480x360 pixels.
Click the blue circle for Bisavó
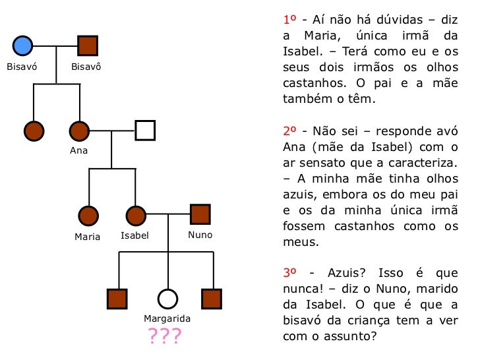(x=22, y=45)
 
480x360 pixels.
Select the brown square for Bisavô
(x=88, y=45)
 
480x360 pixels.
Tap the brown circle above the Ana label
(x=79, y=131)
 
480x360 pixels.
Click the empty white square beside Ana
(x=145, y=131)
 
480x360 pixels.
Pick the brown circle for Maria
(x=88, y=215)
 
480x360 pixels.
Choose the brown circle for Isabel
(x=135, y=215)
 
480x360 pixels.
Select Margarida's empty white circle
(x=167, y=299)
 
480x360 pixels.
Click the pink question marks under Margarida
(x=164, y=337)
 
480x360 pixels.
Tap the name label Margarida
(x=167, y=319)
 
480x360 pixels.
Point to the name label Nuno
(x=200, y=235)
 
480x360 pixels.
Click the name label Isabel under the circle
(x=135, y=235)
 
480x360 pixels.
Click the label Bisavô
(x=86, y=67)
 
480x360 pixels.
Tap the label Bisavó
(x=21, y=67)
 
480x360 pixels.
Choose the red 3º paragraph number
(x=290, y=272)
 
